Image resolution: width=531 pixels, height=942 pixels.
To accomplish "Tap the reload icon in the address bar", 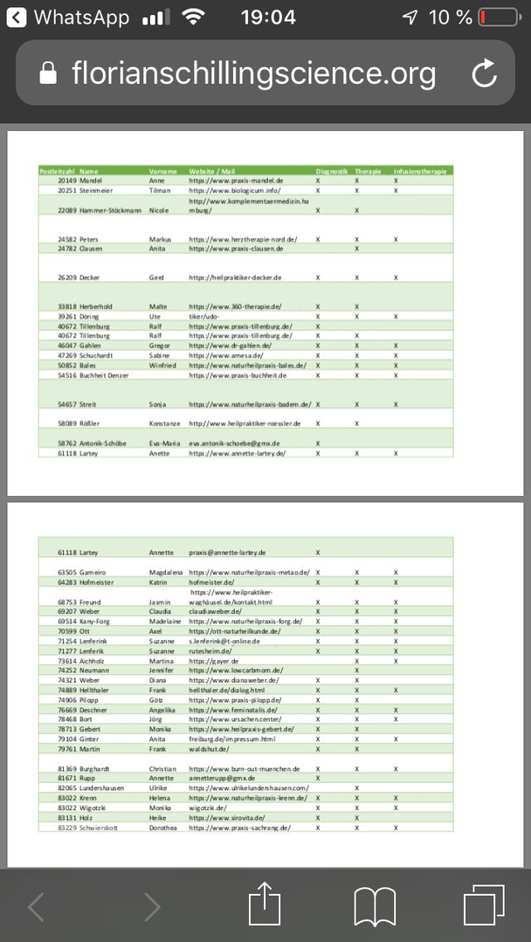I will (x=484, y=74).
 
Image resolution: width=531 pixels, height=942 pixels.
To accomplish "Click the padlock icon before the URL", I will (x=49, y=75).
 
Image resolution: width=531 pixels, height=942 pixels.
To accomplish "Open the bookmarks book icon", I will (x=375, y=906).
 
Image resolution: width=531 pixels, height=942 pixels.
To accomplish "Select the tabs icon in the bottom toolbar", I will (x=484, y=906).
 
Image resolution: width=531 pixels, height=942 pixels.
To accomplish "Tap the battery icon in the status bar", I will (x=498, y=17).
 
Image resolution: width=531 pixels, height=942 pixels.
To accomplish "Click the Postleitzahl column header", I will (x=58, y=171).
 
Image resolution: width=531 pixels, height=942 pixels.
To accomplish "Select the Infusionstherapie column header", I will (x=420, y=171).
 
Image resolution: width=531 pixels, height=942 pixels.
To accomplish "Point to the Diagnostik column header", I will (x=332, y=171).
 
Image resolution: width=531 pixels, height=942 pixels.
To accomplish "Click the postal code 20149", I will (x=67, y=180).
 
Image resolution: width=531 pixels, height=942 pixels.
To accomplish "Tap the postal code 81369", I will (x=67, y=768).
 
